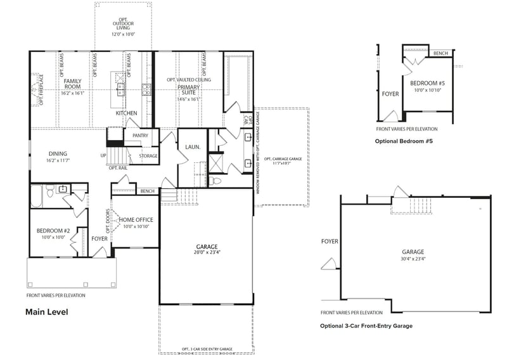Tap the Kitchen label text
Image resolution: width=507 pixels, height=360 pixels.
coord(126,113)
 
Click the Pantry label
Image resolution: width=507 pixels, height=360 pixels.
coord(140,136)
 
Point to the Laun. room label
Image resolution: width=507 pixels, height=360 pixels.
coord(193,147)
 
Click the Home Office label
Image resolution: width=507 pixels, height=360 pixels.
coord(136,219)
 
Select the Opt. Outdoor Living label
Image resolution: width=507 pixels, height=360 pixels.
coord(124,23)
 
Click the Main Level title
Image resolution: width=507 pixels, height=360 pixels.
coord(46,312)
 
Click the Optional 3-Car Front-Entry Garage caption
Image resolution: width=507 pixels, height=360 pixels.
coord(366,326)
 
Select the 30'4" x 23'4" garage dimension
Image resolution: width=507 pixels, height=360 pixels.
coord(413,259)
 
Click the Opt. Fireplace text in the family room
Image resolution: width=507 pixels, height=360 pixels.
coord(41,89)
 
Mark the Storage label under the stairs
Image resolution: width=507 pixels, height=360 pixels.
coord(148,156)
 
